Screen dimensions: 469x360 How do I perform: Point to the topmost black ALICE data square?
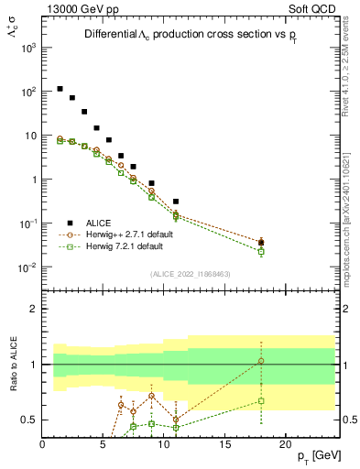[x=60, y=89]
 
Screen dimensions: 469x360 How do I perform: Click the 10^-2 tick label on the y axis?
[x=27, y=267]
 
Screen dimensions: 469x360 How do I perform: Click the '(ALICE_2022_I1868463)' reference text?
[x=189, y=273]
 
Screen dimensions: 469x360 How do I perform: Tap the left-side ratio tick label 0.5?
[x=28, y=420]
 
